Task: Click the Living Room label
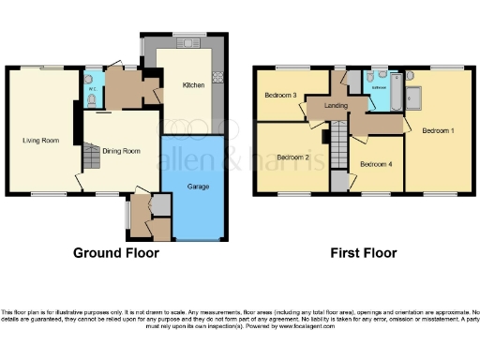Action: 40,141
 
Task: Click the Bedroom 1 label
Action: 438,129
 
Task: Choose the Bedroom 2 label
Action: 292,157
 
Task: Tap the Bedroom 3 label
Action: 280,96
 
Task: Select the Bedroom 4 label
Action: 376,164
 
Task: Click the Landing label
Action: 337,106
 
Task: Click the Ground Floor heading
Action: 116,253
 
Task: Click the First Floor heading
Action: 363,253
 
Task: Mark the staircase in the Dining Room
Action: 91,158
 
